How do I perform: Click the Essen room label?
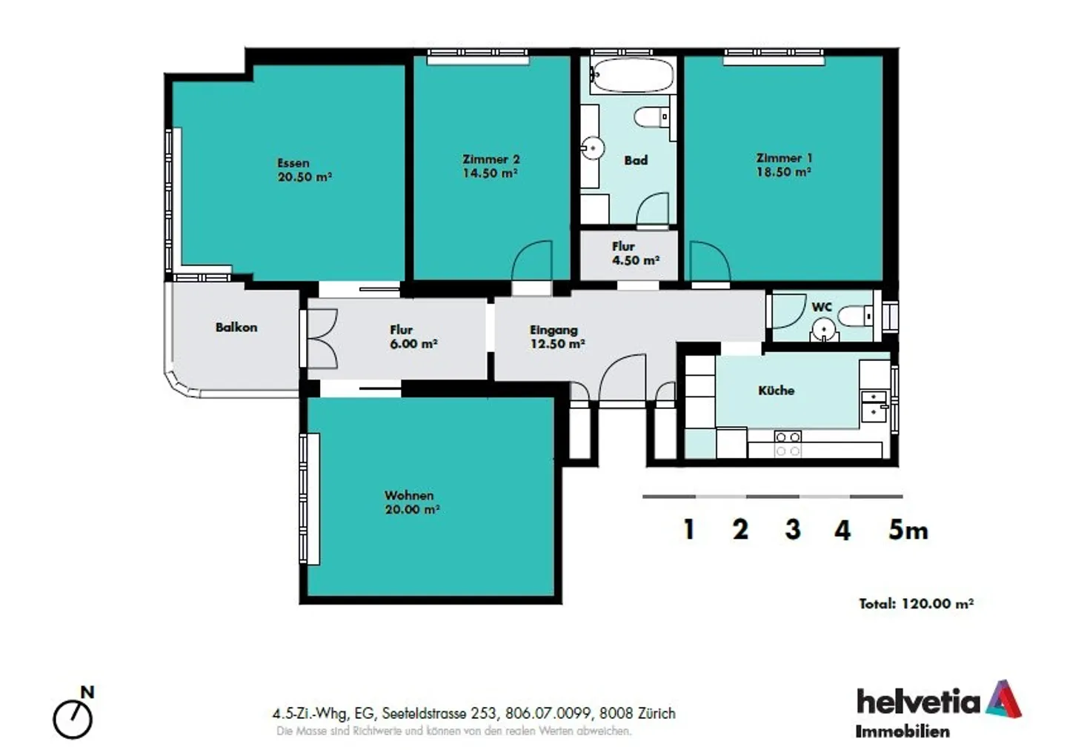293,163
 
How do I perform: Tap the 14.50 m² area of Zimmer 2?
490,173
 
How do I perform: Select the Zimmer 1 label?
784,158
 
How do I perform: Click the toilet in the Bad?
653,117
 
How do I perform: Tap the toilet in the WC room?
856,316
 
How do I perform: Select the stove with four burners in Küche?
788,444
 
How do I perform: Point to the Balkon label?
236,327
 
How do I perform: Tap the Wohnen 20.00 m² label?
411,502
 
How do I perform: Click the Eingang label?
554,330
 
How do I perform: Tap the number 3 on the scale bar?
792,529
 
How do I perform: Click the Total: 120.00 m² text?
916,603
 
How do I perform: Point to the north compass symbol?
73,716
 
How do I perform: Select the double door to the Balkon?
322,339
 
